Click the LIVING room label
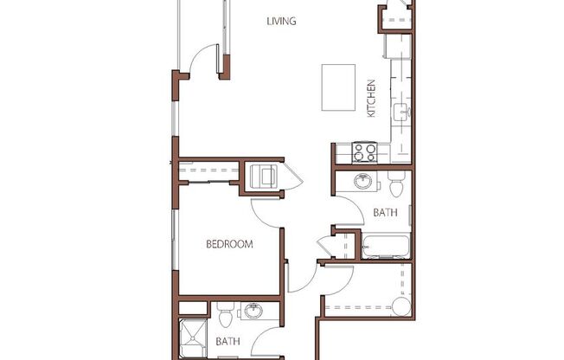pyautogui.click(x=282, y=22)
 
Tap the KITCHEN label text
pyautogui.click(x=371, y=98)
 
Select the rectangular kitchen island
pyautogui.click(x=340, y=87)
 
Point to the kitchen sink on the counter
pyautogui.click(x=402, y=112)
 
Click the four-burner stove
pyautogui.click(x=365, y=152)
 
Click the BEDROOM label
pyautogui.click(x=229, y=244)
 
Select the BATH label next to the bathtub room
pyautogui.click(x=385, y=212)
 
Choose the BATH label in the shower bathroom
pyautogui.click(x=227, y=342)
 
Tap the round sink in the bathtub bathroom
pyautogui.click(x=364, y=182)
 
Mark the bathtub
pyautogui.click(x=386, y=246)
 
